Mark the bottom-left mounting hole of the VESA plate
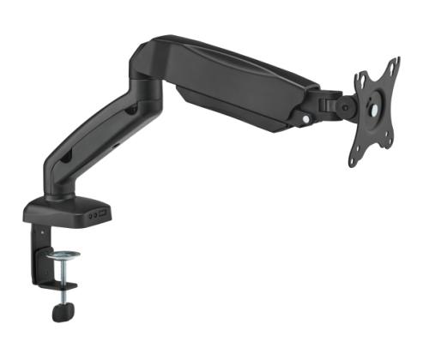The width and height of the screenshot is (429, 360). pyautogui.click(x=355, y=152)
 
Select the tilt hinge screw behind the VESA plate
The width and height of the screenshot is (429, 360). pyautogui.click(x=337, y=106)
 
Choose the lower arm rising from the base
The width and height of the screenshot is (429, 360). pyautogui.click(x=94, y=146)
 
